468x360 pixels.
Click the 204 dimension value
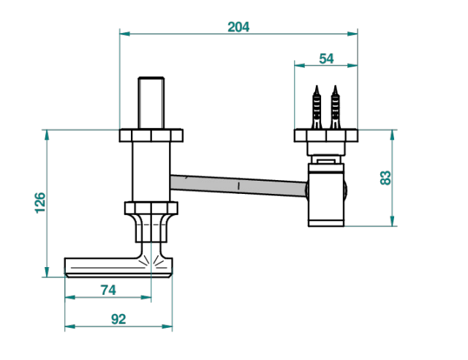[238, 27]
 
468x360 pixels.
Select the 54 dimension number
[326, 59]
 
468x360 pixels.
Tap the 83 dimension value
[385, 178]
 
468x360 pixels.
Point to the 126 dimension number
[40, 203]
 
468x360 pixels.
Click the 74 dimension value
[108, 290]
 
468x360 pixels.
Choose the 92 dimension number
[118, 319]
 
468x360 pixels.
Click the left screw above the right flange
[317, 108]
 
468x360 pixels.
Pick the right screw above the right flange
[335, 108]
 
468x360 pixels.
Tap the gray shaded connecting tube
[239, 186]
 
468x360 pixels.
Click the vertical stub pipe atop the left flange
[151, 103]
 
